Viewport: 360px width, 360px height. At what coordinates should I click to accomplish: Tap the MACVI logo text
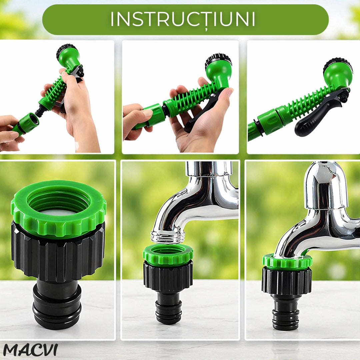pyautogui.click(x=30, y=350)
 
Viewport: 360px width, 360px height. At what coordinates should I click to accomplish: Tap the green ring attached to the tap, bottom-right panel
pyautogui.click(x=287, y=261)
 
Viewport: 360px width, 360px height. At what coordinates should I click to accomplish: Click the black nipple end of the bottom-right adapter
pyautogui.click(x=286, y=314)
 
